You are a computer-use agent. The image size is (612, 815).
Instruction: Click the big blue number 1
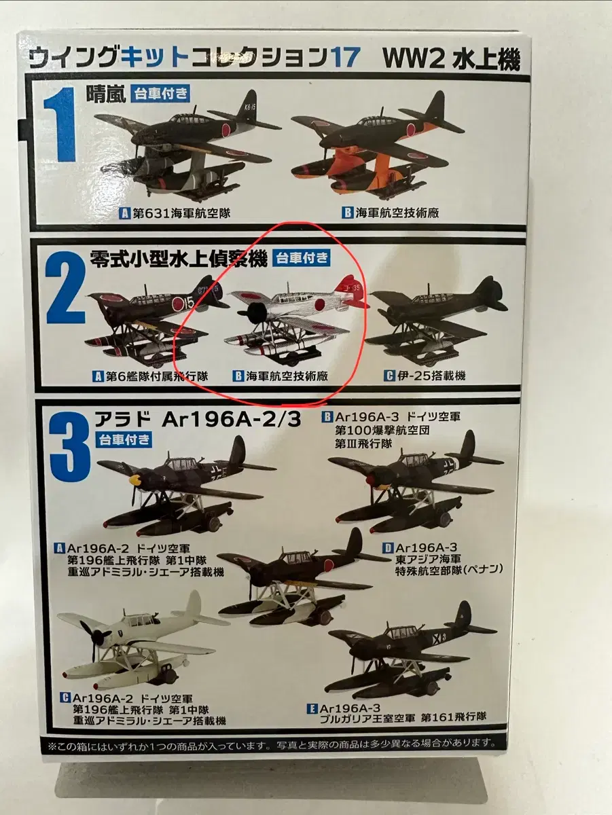point(59,125)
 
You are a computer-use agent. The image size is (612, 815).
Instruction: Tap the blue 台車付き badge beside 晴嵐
point(160,94)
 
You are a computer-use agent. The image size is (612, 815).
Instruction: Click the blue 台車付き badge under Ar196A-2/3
point(124,439)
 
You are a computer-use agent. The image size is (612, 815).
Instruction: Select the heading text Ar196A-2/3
point(231,420)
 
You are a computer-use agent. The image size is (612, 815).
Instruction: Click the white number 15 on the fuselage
point(189,304)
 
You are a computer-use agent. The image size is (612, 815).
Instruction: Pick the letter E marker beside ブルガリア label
point(312,709)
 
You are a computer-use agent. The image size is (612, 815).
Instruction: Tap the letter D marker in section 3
point(388,547)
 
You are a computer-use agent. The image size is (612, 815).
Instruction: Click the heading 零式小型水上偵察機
point(178,259)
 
